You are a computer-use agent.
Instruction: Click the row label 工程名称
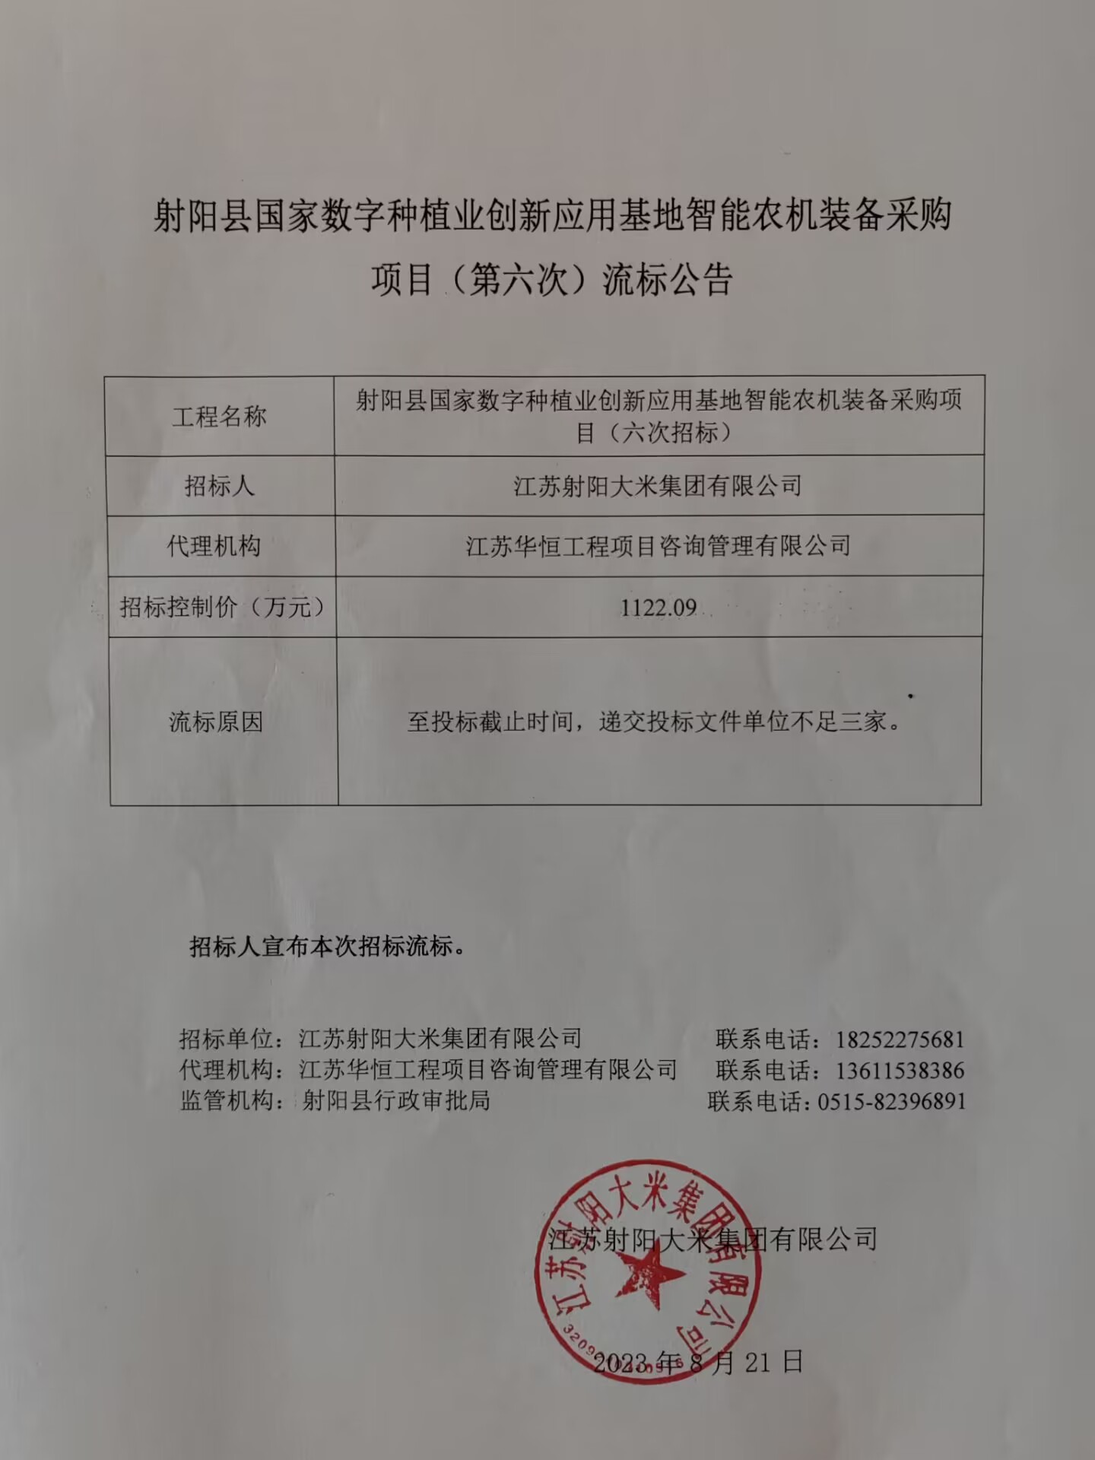pos(219,417)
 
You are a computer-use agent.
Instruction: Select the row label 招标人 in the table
pos(219,485)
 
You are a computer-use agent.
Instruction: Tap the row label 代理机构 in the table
pos(214,546)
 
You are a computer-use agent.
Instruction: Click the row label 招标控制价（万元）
pos(223,607)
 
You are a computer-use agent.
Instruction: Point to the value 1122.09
pos(659,607)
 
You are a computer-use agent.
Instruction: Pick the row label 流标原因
pos(216,722)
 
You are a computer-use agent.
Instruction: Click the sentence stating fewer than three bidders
pos(654,721)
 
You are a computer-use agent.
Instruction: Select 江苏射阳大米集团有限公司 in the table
pos(658,485)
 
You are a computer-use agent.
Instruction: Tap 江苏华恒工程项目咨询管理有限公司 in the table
pos(658,546)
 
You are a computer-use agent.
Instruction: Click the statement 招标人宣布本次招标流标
pos(327,947)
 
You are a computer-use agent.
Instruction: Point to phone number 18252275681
pos(900,1039)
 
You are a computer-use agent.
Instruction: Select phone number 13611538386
pos(900,1071)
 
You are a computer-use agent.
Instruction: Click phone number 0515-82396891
pos(891,1101)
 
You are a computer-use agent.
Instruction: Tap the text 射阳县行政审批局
pos(395,1100)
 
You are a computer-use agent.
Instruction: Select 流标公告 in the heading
pos(667,280)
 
